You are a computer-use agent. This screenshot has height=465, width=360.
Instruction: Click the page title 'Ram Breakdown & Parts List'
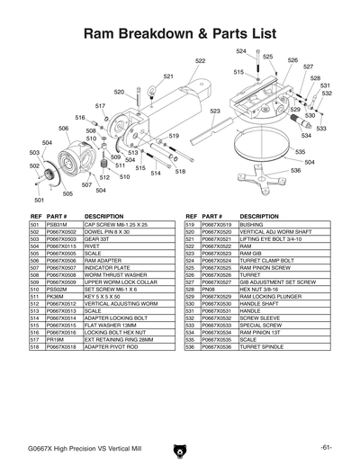(179, 33)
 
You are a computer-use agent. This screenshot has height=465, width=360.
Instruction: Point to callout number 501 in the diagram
(40, 200)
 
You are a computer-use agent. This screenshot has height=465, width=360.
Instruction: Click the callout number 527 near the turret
(308, 67)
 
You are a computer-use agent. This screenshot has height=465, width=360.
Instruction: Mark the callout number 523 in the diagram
(215, 111)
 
